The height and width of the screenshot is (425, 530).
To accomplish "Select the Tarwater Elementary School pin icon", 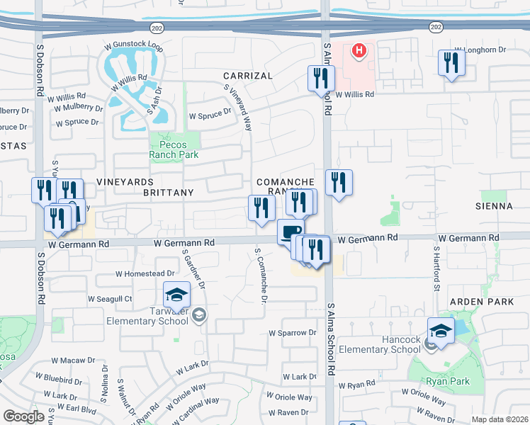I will [176, 294].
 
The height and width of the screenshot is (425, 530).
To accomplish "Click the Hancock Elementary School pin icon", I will [440, 330].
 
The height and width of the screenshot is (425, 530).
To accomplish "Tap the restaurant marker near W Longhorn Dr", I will [451, 63].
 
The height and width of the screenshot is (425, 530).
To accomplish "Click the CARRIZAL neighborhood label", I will [247, 75].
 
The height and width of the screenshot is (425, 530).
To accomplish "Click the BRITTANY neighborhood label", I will [168, 193].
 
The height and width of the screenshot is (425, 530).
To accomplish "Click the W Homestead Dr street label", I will [145, 273].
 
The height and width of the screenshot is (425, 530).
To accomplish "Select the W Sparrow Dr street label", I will [292, 332].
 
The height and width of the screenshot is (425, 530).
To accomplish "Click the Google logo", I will [23, 416].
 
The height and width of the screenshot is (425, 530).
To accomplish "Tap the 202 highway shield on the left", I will [157, 27].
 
